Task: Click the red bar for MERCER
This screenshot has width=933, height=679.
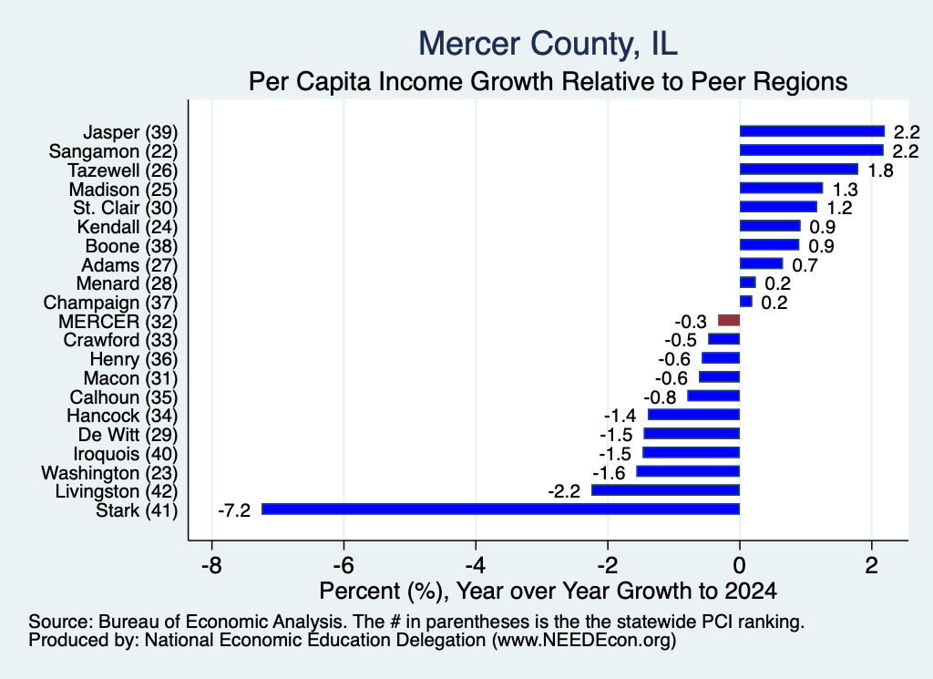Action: tap(729, 321)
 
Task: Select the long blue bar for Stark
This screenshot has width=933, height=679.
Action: tap(500, 509)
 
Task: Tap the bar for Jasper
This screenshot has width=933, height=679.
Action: tap(812, 131)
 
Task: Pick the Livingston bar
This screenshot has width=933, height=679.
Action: tap(665, 490)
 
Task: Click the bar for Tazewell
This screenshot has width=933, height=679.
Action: tap(798, 170)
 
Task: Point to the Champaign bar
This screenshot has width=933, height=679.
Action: tap(746, 302)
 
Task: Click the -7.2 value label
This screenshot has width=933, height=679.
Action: tap(234, 510)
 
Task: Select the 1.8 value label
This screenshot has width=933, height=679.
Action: tap(881, 170)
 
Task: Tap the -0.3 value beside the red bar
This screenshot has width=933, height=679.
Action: tap(691, 322)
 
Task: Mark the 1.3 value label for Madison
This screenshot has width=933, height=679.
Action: tap(845, 190)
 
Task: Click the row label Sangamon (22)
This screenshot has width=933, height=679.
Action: tap(113, 151)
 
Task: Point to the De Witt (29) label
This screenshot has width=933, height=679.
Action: tap(128, 435)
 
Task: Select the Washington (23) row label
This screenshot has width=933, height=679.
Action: tap(109, 473)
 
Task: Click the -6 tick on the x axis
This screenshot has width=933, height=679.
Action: tap(343, 565)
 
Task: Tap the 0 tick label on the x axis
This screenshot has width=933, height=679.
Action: tap(740, 565)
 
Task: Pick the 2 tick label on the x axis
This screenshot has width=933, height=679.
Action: tap(872, 565)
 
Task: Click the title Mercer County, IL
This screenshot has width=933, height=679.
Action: tap(548, 44)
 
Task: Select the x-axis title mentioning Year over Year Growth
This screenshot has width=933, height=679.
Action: tap(548, 591)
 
